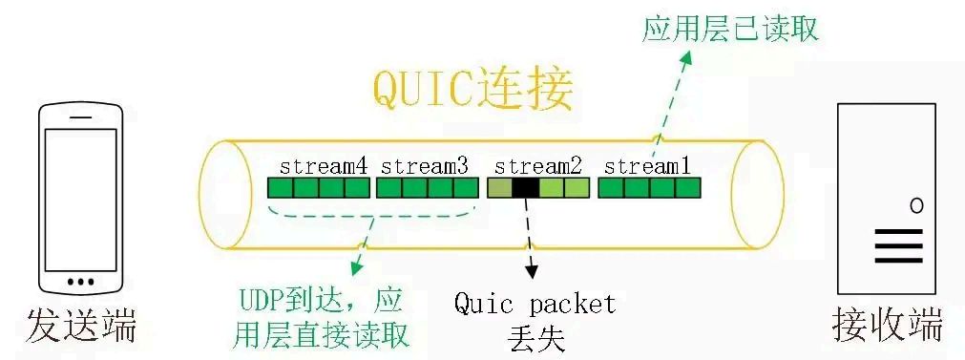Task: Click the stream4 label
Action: pos(324,166)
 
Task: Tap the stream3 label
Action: pos(425,166)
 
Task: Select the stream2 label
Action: pos(538,166)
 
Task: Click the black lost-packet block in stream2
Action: pos(525,188)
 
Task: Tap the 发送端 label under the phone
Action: pos(82,324)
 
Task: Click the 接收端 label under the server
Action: pos(888,324)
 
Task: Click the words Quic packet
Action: pos(535,305)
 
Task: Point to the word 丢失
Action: pos(535,337)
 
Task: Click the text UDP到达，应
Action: pos(316,305)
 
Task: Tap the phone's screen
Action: pos(81,196)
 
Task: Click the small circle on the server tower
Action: pos(916,204)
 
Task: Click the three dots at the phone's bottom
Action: pos(81,282)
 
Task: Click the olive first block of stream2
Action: pos(499,188)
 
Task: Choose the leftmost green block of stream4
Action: pos(280,188)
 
